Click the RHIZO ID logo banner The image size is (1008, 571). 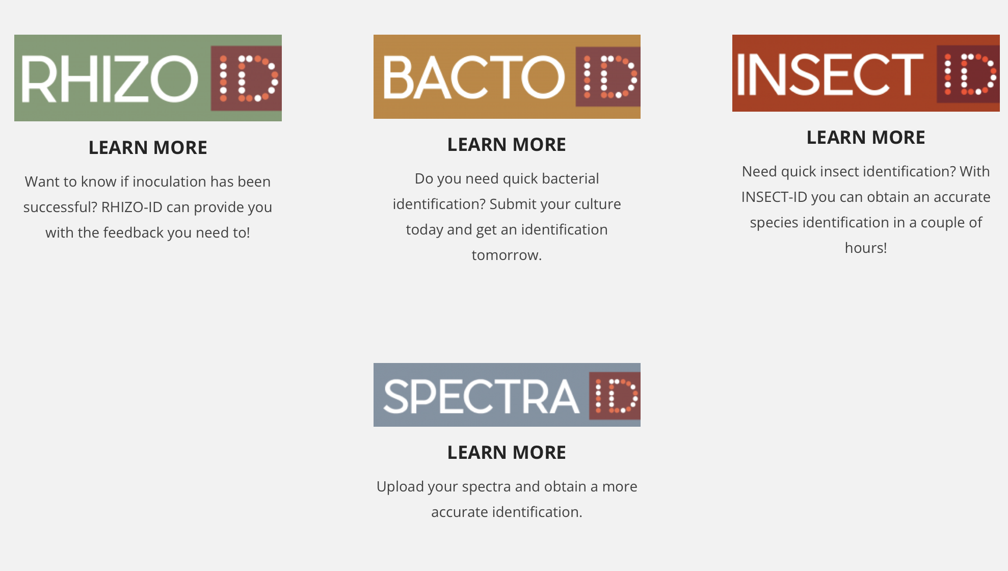point(148,78)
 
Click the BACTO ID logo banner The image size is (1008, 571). point(507,76)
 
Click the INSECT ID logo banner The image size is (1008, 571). point(866,73)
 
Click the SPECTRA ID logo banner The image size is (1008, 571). point(507,395)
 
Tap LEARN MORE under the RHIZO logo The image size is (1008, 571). point(148,148)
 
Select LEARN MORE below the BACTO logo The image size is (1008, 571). point(507,145)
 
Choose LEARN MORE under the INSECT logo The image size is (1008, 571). point(866,138)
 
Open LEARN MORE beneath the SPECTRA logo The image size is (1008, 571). point(507,453)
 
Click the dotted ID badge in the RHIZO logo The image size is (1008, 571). point(246,78)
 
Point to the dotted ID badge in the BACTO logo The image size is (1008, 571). point(608,76)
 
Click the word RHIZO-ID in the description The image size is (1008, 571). point(132,207)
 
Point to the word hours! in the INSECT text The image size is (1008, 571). point(866,248)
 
